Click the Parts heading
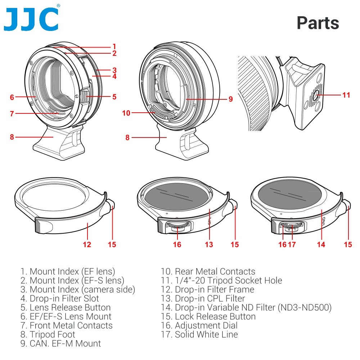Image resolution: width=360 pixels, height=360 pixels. point(318,23)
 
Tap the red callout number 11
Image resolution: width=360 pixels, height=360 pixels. point(346,95)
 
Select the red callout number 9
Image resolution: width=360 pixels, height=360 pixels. point(231,99)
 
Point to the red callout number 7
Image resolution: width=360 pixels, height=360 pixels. point(12,114)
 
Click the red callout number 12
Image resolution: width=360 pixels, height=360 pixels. point(87,245)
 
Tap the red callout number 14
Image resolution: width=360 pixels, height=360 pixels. point(321,245)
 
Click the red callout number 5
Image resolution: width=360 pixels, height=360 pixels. point(114,96)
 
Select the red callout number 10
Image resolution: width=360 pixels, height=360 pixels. point(126,113)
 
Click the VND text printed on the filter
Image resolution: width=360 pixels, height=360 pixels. point(324,220)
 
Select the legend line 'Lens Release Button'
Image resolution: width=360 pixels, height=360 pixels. point(66,307)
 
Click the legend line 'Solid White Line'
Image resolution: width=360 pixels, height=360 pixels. point(199,334)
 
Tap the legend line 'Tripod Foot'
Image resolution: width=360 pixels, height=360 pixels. point(48,334)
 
